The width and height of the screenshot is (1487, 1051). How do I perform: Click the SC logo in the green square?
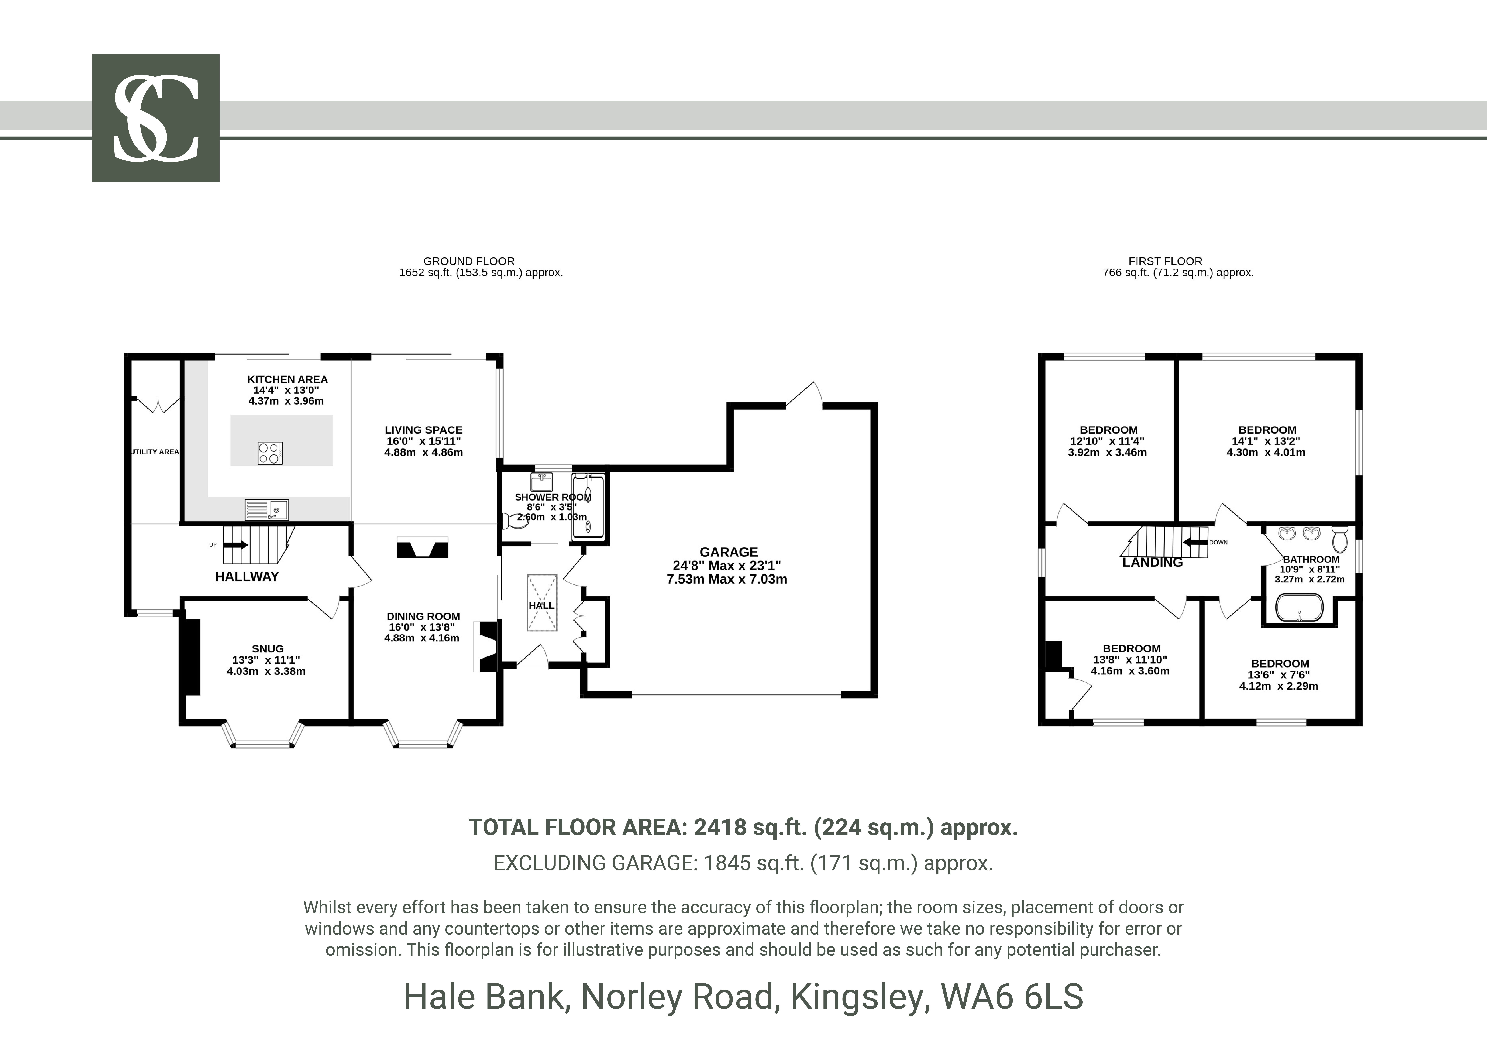click(x=155, y=118)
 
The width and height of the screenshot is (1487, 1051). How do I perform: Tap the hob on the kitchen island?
click(x=270, y=453)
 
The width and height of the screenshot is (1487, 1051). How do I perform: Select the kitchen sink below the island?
click(x=267, y=510)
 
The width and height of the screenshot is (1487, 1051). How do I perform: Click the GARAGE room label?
click(x=729, y=552)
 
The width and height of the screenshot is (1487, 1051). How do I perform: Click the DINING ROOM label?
click(x=423, y=617)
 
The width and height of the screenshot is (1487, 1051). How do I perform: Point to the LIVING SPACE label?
click(x=423, y=430)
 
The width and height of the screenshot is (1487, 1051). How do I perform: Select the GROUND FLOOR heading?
click(x=469, y=261)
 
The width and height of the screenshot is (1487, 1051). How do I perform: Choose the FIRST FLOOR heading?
click(x=1165, y=261)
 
